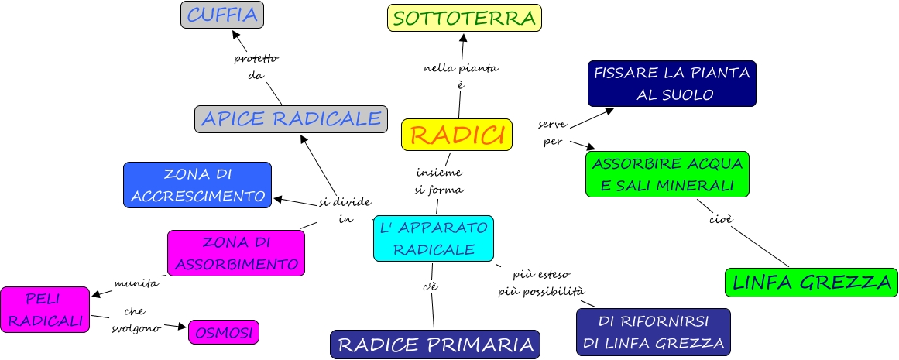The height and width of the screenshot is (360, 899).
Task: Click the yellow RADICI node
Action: coord(457,135)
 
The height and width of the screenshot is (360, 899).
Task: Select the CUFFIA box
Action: coord(222,14)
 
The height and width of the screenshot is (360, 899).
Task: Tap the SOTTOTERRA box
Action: coord(464,18)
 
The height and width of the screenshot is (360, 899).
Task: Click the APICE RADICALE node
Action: coord(290,118)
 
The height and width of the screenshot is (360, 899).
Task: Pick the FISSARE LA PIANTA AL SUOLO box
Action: coord(671,84)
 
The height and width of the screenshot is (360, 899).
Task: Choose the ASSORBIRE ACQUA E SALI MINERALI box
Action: coord(667,174)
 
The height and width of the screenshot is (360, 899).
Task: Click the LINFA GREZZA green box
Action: coord(811,282)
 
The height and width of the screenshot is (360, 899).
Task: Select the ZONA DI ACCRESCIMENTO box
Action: coord(197,185)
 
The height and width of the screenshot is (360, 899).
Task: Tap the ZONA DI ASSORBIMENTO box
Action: coord(236,252)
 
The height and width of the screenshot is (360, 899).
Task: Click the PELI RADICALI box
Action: coord(45,310)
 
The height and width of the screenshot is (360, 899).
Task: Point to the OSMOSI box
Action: coord(224,332)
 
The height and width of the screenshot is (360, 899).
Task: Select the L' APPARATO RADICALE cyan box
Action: coord(433,238)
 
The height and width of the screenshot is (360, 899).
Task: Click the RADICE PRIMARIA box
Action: coord(434,345)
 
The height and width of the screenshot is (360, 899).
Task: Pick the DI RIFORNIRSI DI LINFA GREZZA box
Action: coord(653,331)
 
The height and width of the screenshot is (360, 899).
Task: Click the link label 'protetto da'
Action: coord(256,67)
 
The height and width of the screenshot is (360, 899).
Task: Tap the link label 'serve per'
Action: coord(552,132)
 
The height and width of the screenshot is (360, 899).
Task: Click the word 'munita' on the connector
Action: coord(136,283)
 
